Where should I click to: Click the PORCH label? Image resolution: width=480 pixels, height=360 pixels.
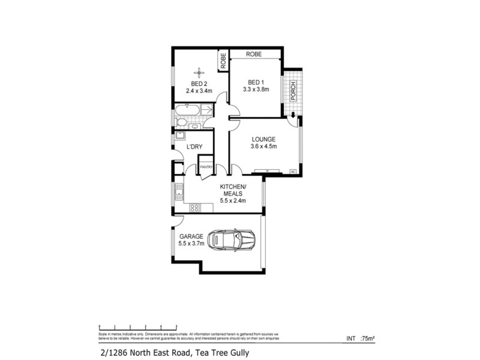pos(293,89)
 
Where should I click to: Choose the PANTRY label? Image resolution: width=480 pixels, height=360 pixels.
pos(206,167)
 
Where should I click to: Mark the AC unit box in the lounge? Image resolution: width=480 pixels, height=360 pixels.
pos(293,172)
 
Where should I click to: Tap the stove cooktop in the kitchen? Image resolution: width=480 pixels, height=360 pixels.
pos(194,208)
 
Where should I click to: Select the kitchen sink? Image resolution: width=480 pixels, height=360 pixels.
pos(178,192)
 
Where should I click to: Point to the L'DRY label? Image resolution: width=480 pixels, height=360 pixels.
pos(194,147)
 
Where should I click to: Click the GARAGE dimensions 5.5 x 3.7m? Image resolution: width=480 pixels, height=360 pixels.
pos(192,244)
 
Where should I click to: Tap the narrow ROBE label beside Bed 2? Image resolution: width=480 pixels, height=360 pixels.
pos(223,60)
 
